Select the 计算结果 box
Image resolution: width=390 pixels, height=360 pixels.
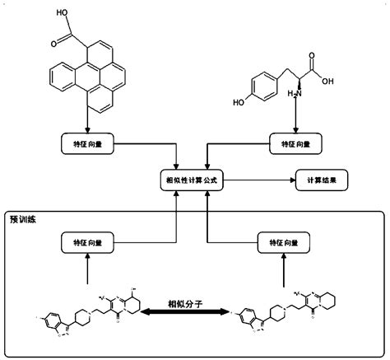pyautogui.click(x=323, y=179)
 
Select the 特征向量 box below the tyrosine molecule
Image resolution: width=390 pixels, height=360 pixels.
pyautogui.click(x=294, y=144)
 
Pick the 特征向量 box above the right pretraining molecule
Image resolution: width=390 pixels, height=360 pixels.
pyautogui.click(x=279, y=242)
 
